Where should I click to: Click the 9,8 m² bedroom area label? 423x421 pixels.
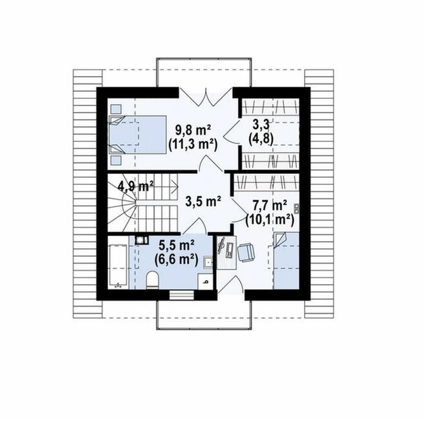pos(193,131)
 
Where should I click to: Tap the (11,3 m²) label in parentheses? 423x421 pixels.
pos(193,146)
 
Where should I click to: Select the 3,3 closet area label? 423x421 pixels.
pos(261,125)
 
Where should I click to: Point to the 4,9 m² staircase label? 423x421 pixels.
pos(136,186)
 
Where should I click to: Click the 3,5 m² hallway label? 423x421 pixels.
pos(203,201)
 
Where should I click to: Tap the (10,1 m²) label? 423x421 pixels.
pos(270,221)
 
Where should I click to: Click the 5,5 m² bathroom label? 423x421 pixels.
pos(177,246)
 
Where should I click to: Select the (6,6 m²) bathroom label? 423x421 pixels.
pos(177,260)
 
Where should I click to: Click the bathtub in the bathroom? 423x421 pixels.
pos(117,266)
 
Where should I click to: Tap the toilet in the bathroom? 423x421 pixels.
pos(153,281)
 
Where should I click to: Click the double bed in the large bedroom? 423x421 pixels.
pos(137,135)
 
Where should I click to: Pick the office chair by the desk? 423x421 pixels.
pos(246,253)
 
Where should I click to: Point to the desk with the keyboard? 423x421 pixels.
pos(226,252)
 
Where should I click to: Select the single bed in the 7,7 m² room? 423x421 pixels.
pos(287,261)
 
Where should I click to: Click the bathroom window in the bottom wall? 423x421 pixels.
pos(182,295)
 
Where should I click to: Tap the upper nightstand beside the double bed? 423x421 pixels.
pos(116,109)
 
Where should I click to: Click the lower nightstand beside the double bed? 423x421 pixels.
pos(116,160)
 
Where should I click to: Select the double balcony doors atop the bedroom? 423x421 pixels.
pos(206,96)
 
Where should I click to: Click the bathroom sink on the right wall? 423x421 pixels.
pos(208,263)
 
